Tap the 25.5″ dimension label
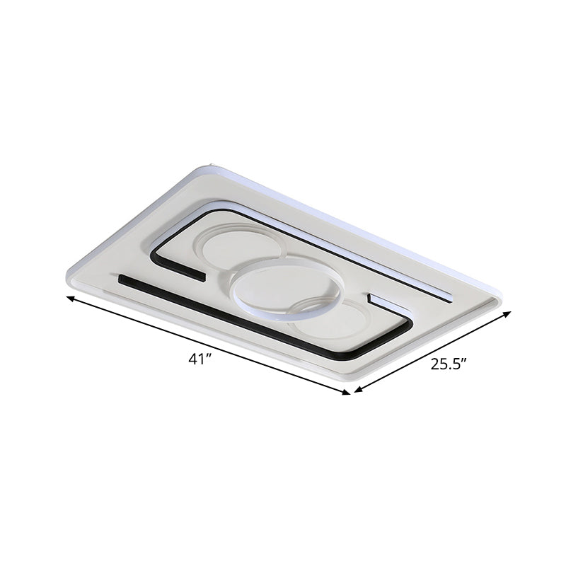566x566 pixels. [x=449, y=365]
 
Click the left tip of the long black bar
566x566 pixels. [x=122, y=279]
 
